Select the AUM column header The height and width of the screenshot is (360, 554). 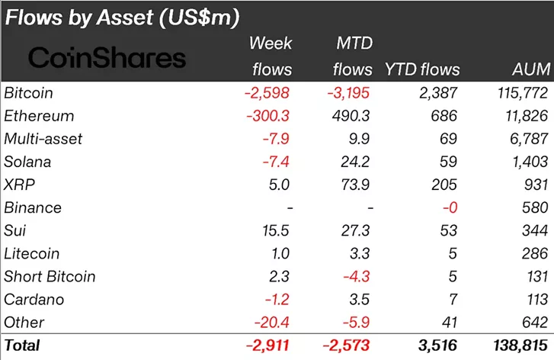(531, 69)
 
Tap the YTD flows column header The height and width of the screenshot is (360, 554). (423, 69)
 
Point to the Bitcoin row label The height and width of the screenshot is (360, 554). (30, 93)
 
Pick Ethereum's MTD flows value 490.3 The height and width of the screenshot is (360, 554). (352, 116)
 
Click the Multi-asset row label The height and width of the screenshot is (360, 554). (43, 139)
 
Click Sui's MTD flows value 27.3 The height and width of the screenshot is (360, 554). (354, 230)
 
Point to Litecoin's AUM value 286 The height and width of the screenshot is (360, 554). (534, 253)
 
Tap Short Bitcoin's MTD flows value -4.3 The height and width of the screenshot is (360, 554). (354, 276)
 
